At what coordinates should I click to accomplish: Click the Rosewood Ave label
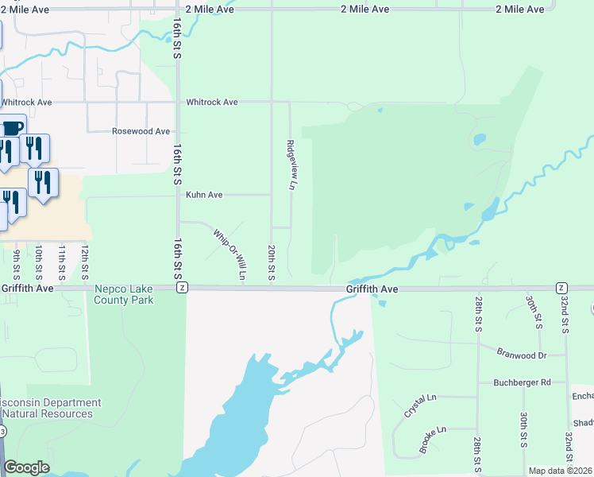pyautogui.click(x=141, y=131)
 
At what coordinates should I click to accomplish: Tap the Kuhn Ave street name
pyautogui.click(x=204, y=195)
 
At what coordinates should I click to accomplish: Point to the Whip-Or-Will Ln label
pyautogui.click(x=230, y=254)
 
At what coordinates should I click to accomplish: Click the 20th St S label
pyautogui.click(x=272, y=262)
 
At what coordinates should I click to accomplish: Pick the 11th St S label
pyautogui.click(x=62, y=262)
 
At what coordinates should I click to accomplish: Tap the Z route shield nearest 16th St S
pyautogui.click(x=183, y=287)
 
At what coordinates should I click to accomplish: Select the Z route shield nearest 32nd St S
pyautogui.click(x=561, y=287)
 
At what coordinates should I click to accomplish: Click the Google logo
pyautogui.click(x=26, y=467)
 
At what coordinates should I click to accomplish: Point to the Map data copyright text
pyautogui.click(x=560, y=471)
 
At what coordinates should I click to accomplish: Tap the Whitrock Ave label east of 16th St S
pyautogui.click(x=212, y=103)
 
